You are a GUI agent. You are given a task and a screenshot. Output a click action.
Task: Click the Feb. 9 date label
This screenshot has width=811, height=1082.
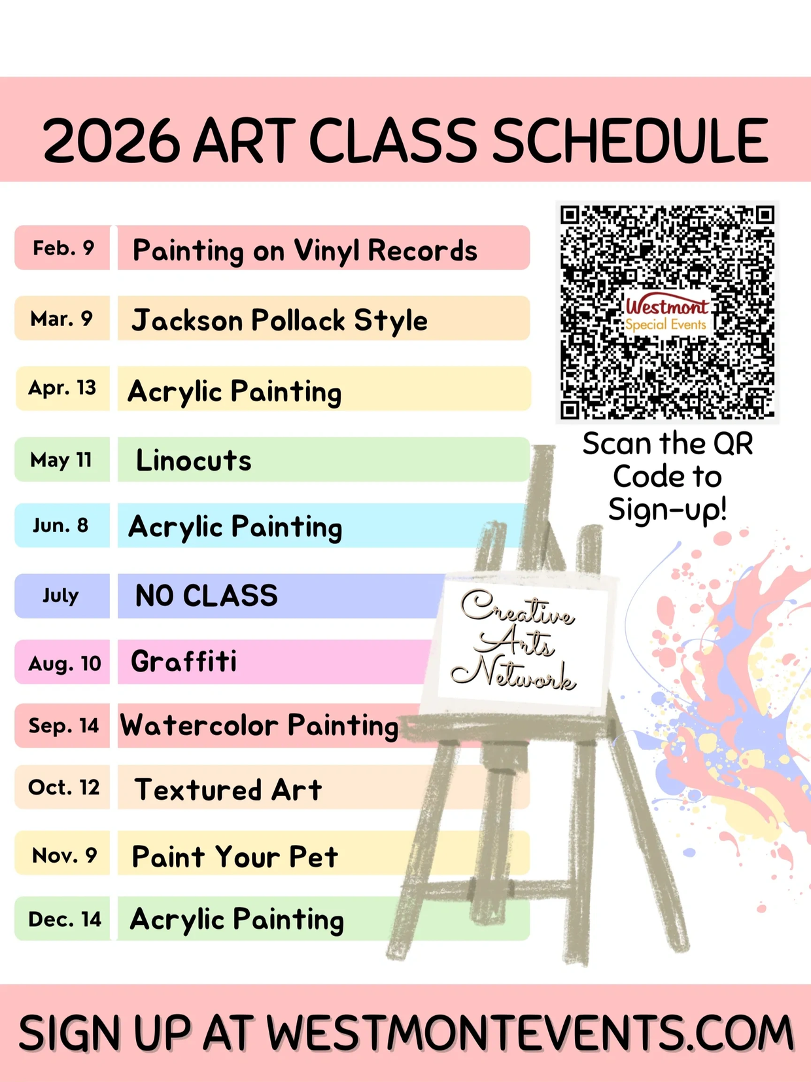pyautogui.click(x=63, y=247)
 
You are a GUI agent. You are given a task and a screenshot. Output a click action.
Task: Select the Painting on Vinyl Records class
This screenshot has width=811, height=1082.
pyautogui.click(x=305, y=251)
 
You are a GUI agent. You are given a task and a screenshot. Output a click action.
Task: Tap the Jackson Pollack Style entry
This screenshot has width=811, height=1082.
pyautogui.click(x=279, y=321)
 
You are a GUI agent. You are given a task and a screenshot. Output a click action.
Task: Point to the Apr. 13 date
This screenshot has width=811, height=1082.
pyautogui.click(x=62, y=388)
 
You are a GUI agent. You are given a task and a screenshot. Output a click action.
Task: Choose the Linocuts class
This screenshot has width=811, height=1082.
pyautogui.click(x=194, y=460)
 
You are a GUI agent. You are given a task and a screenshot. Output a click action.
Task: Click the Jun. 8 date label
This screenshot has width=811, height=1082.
pyautogui.click(x=61, y=526)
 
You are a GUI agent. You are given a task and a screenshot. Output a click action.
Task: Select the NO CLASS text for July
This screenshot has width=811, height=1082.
pyautogui.click(x=206, y=596)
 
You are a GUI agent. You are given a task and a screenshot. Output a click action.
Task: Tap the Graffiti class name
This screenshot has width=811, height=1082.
pyautogui.click(x=184, y=661)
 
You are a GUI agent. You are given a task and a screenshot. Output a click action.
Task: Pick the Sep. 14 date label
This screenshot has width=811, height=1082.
pyautogui.click(x=63, y=726)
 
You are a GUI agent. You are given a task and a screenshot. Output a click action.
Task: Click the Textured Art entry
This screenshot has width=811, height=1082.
pyautogui.click(x=228, y=789)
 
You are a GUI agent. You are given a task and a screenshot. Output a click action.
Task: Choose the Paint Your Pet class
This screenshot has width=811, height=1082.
pyautogui.click(x=235, y=856)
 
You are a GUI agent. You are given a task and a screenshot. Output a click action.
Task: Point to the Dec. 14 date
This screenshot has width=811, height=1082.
pyautogui.click(x=65, y=919)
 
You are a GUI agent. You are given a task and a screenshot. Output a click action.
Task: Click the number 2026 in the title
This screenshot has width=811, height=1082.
pyautogui.click(x=112, y=140)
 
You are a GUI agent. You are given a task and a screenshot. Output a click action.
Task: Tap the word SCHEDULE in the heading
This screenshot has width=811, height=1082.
pyautogui.click(x=630, y=140)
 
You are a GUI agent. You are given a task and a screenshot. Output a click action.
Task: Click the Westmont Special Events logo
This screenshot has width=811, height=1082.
pyautogui.click(x=666, y=314)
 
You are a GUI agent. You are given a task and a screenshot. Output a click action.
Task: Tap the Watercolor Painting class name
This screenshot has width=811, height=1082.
pyautogui.click(x=260, y=726)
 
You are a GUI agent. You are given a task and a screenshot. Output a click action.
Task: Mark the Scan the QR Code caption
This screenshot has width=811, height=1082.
pyautogui.click(x=667, y=476)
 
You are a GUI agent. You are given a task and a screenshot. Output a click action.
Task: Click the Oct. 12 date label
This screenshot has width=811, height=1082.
pyautogui.click(x=63, y=787)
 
